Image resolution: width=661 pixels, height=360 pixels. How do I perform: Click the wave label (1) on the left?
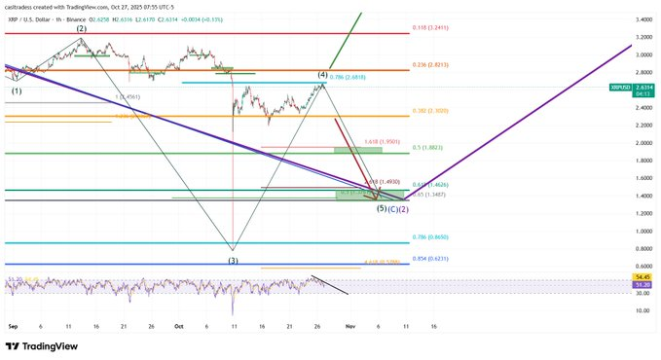pos(17,91)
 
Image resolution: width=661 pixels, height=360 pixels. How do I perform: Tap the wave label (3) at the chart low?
pos(233,260)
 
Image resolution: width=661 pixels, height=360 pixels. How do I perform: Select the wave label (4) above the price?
pos(321,75)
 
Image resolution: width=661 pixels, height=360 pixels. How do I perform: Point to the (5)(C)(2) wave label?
pos(392,208)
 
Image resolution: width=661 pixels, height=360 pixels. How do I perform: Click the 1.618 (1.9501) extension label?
pos(382,142)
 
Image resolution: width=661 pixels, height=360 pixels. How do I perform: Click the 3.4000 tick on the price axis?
pos(643,19)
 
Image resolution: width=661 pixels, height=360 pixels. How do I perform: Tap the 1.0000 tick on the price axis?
pos(643,231)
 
